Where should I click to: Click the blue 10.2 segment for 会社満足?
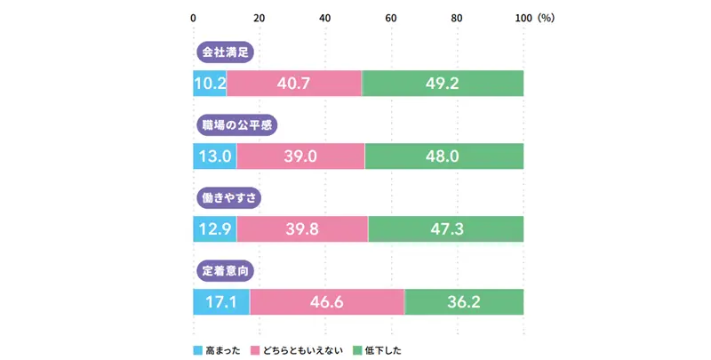[x=210, y=84]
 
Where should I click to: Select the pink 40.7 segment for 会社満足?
[x=294, y=84]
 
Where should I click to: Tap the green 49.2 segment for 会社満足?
[x=443, y=84]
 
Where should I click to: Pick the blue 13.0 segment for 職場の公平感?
[x=215, y=156]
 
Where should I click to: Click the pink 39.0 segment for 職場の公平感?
[x=300, y=156]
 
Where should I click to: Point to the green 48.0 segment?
[x=444, y=156]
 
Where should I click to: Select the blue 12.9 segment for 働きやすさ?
[x=215, y=228]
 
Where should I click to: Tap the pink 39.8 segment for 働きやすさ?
[x=302, y=228]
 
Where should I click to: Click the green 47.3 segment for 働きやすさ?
[x=445, y=228]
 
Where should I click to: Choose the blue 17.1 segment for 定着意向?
[x=221, y=301]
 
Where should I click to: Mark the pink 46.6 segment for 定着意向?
[x=327, y=301]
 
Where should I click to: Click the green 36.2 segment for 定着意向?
[x=464, y=301]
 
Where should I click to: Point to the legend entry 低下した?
[x=378, y=349]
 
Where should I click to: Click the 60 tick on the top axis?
[x=391, y=18]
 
